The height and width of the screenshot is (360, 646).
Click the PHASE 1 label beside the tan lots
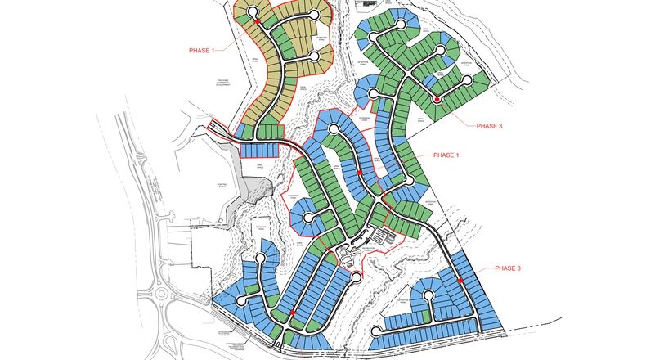tap(201, 51)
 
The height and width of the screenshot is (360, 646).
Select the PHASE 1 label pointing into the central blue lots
tap(446, 155)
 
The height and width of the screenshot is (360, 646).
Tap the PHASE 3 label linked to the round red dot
tap(491, 126)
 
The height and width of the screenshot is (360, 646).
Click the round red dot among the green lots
tap(437, 100)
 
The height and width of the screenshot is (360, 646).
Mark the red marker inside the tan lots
tap(258, 21)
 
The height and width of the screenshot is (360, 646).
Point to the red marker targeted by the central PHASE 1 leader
tap(360, 173)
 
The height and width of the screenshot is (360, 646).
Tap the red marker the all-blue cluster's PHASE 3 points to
tap(461, 281)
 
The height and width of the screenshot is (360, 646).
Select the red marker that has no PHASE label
tap(293, 312)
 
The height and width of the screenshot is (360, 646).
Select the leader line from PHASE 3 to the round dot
tap(458, 111)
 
